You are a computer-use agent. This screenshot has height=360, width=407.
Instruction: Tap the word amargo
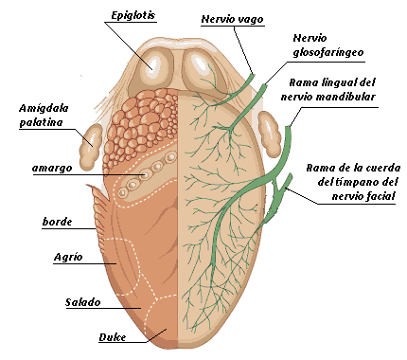point(52,168)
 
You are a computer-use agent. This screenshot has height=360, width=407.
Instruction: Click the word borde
point(57,221)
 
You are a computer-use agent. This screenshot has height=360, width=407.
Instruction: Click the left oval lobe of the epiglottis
point(152,64)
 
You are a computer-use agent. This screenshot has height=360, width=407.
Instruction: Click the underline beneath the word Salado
point(90,310)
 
